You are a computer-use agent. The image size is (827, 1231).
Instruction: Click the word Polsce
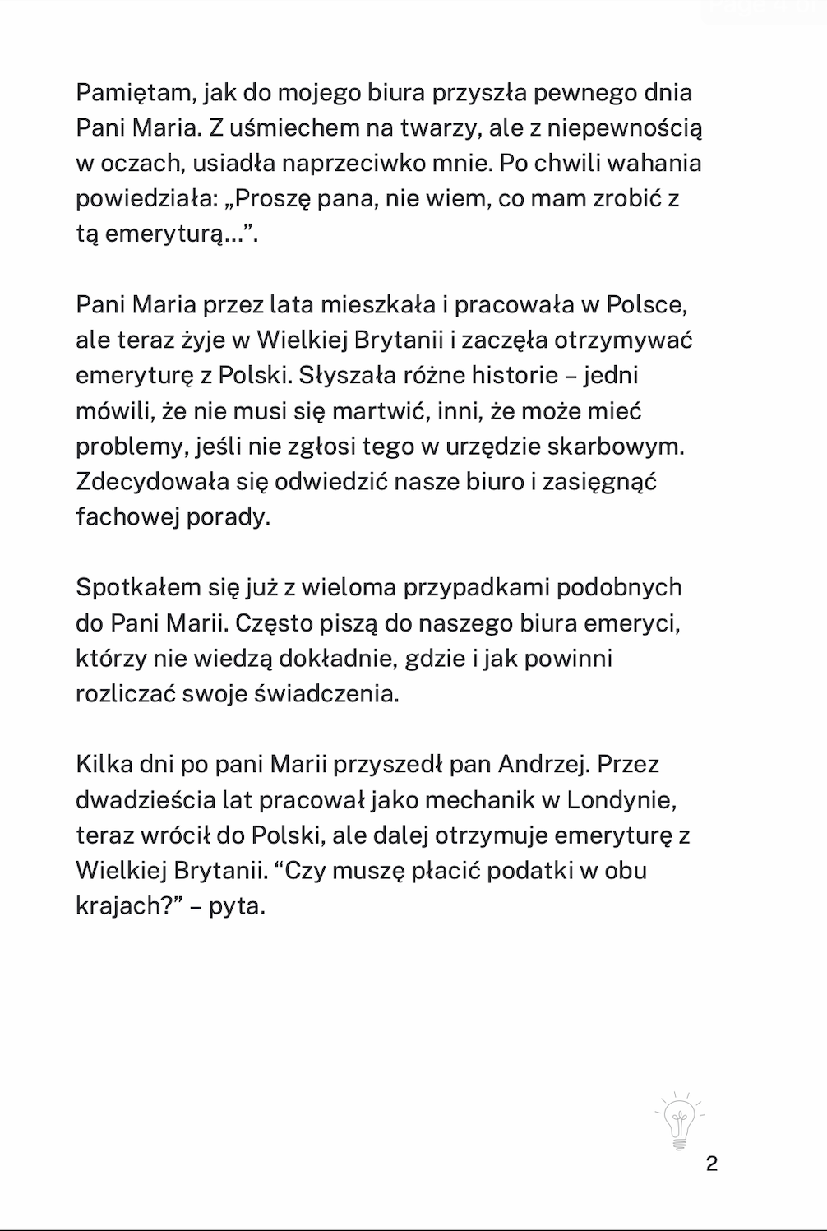click(646, 304)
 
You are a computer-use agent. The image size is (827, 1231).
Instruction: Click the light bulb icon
click(679, 1122)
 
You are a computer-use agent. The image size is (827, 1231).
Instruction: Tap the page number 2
click(712, 1164)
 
